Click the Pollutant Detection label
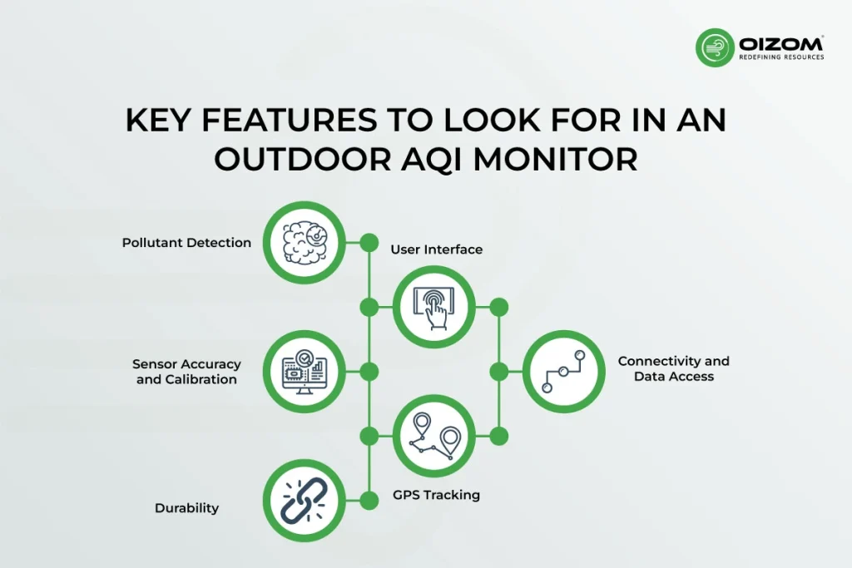(186, 243)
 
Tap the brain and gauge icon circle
(305, 242)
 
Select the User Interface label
(436, 249)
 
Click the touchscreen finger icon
(434, 307)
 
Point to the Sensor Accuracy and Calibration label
(186, 372)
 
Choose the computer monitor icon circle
(305, 372)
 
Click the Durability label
(186, 508)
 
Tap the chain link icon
(305, 500)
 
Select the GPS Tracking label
(436, 495)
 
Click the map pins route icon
(434, 436)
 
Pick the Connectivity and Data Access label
(674, 368)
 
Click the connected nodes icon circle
(564, 372)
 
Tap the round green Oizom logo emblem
(715, 47)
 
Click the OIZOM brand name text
(781, 43)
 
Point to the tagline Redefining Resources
(781, 57)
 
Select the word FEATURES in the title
(290, 120)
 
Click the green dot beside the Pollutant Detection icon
(369, 243)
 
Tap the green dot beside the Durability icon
(369, 500)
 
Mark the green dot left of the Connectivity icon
(499, 372)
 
